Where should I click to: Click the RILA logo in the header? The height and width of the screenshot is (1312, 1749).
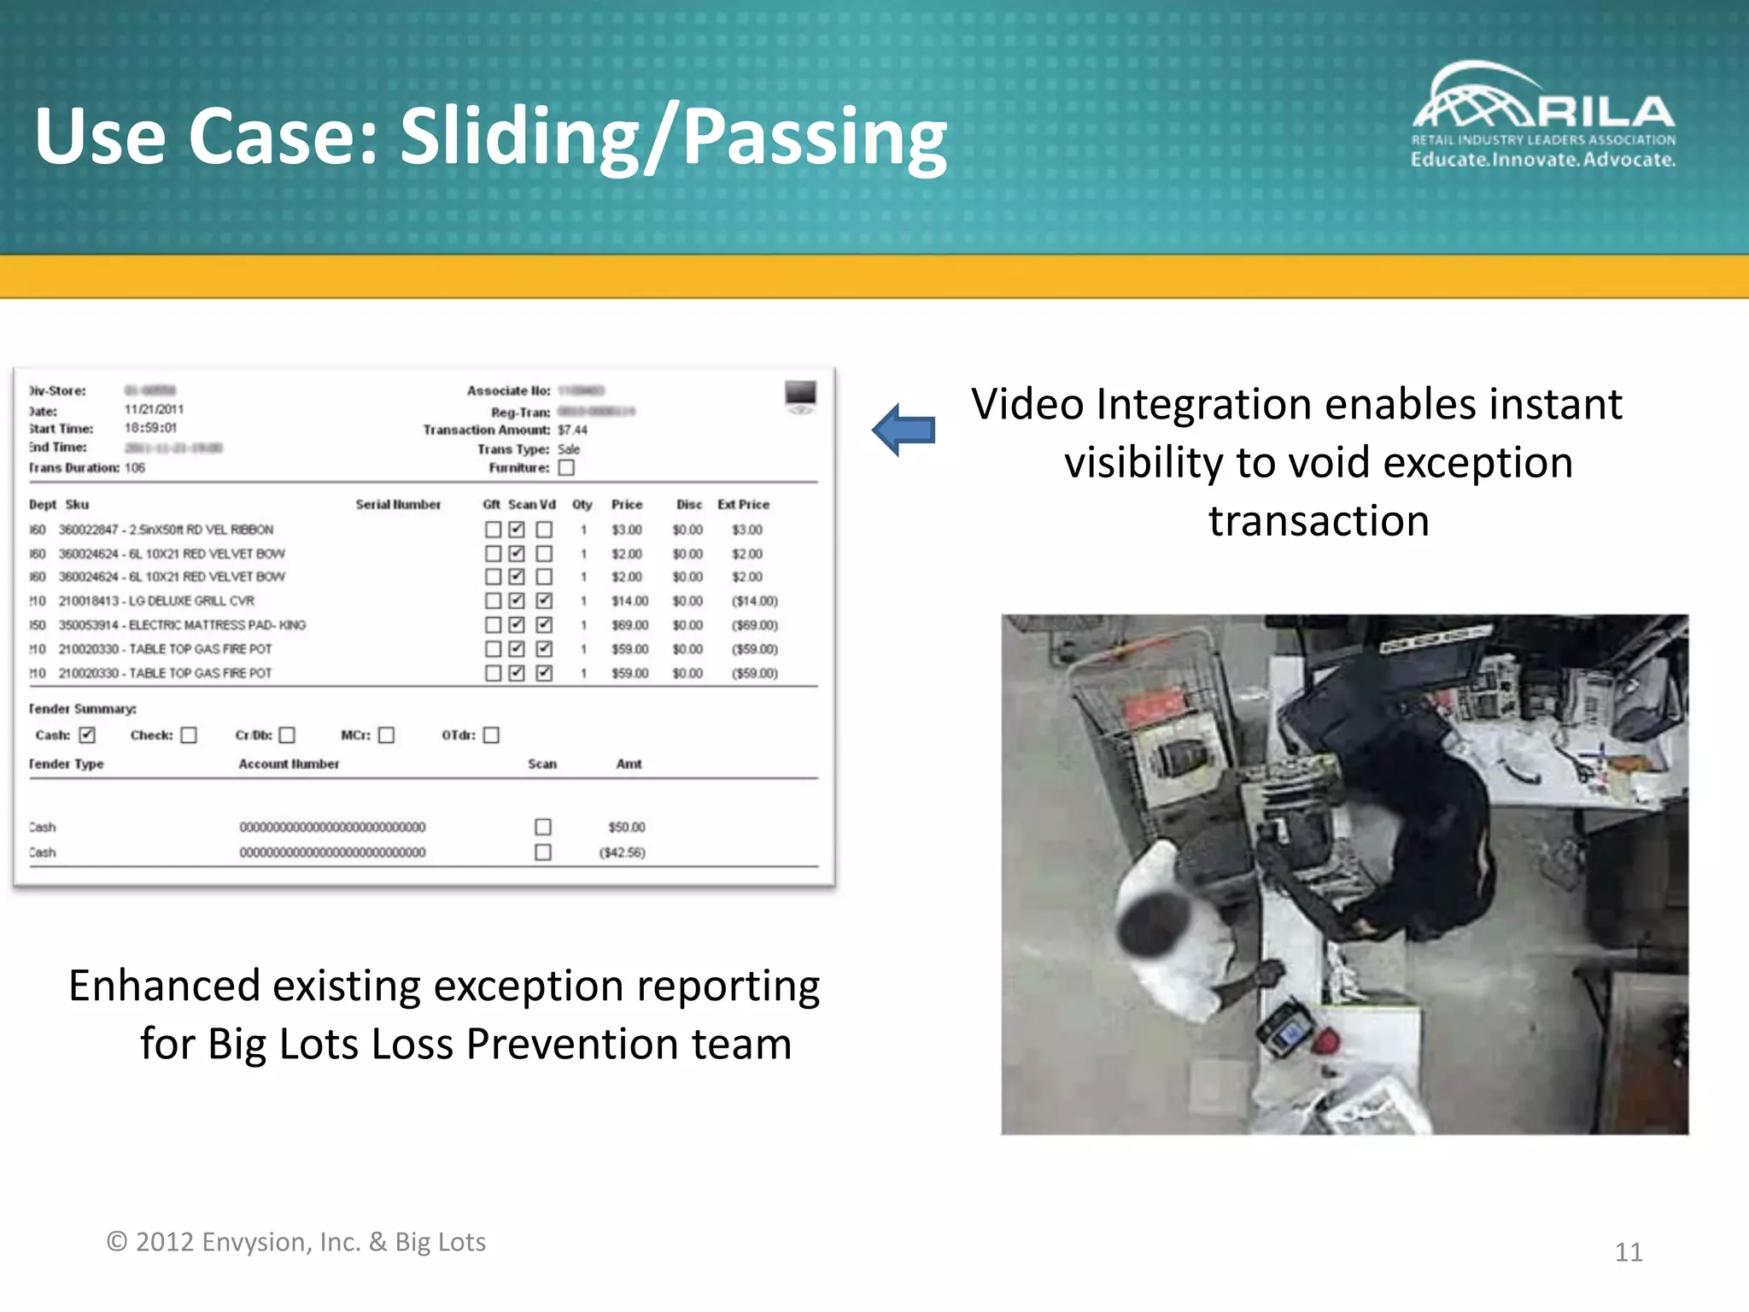(1542, 116)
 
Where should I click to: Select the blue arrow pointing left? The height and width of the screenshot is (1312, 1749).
(904, 429)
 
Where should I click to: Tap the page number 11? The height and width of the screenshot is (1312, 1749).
(1628, 1252)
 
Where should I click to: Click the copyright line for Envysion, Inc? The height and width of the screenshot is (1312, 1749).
(295, 1242)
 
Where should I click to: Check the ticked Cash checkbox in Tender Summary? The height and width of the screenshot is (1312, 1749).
(87, 735)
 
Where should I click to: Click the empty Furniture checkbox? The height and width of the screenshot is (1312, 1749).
(566, 467)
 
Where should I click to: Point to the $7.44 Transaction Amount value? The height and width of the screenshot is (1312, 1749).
(572, 430)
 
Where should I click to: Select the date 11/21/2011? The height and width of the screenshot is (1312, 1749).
(154, 409)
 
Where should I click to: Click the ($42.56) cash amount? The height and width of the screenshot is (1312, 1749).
(623, 852)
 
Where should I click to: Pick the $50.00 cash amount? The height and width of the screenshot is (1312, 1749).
(626, 827)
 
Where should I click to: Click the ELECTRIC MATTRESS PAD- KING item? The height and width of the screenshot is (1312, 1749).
(217, 625)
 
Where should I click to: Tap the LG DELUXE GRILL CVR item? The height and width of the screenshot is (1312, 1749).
(191, 601)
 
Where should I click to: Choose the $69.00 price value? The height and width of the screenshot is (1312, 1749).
(629, 625)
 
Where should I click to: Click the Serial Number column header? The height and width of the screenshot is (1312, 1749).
(398, 505)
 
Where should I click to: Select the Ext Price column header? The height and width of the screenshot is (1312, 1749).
(743, 505)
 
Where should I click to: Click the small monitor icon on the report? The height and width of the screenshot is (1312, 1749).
(800, 395)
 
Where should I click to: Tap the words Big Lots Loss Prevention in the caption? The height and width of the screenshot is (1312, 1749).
(443, 1044)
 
